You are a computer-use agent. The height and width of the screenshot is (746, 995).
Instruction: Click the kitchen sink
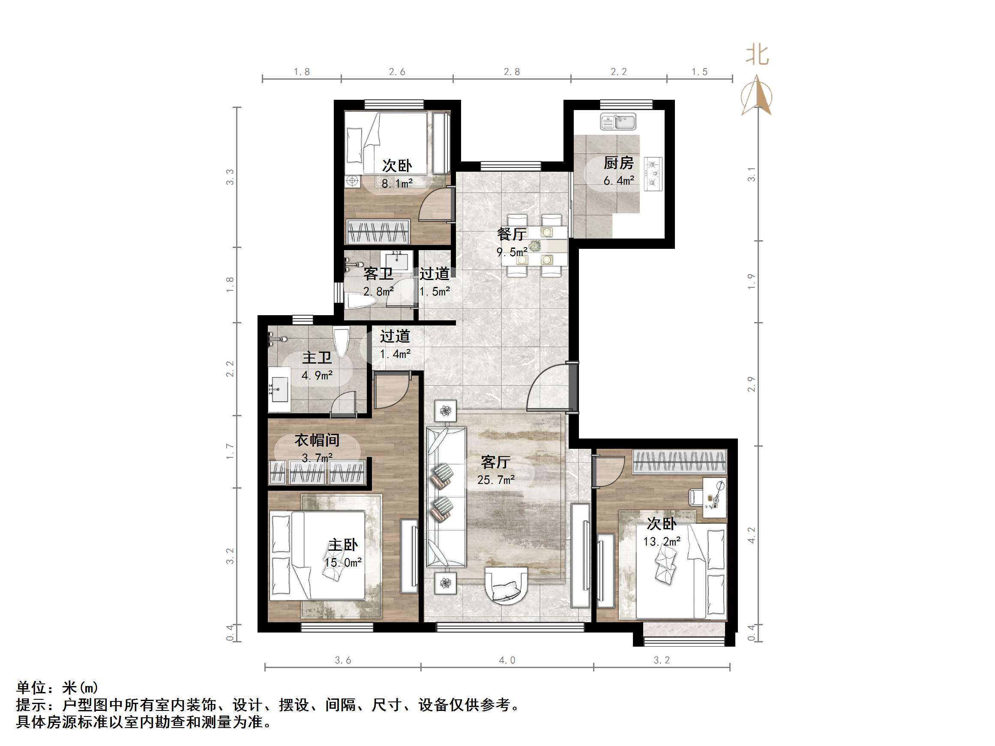coord(617,122)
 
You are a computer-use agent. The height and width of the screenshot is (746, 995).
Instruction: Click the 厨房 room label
coord(618,163)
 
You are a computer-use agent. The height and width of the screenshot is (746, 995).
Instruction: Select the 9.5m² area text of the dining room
coord(512,252)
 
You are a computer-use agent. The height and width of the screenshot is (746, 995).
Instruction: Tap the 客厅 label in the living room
coord(495,462)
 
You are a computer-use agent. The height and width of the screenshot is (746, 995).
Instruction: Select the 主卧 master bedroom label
coord(343,545)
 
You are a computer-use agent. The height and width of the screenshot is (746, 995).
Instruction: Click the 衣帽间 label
coord(317,440)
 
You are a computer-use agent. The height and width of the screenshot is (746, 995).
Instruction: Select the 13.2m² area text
coord(661,541)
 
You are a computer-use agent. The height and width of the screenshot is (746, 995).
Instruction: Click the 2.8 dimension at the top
coord(512,72)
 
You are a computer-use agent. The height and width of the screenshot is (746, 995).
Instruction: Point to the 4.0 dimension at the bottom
coord(506,660)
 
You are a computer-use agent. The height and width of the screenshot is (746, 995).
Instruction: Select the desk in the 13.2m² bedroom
coord(714,497)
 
